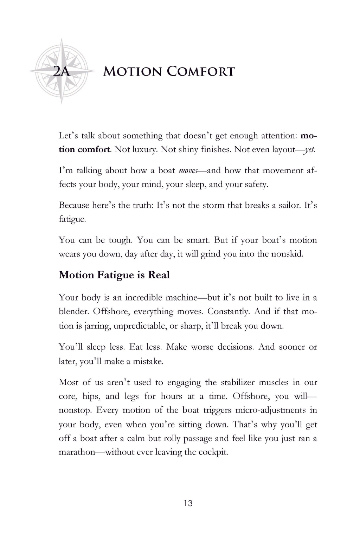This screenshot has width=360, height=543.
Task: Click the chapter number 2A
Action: point(62,72)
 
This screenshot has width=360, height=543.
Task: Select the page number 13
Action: point(188,503)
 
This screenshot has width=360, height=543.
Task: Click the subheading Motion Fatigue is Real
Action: point(114,275)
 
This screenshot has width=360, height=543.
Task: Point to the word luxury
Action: point(142,149)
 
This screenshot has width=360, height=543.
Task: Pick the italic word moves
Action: point(187,171)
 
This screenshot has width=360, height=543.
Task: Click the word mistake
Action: point(148,361)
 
